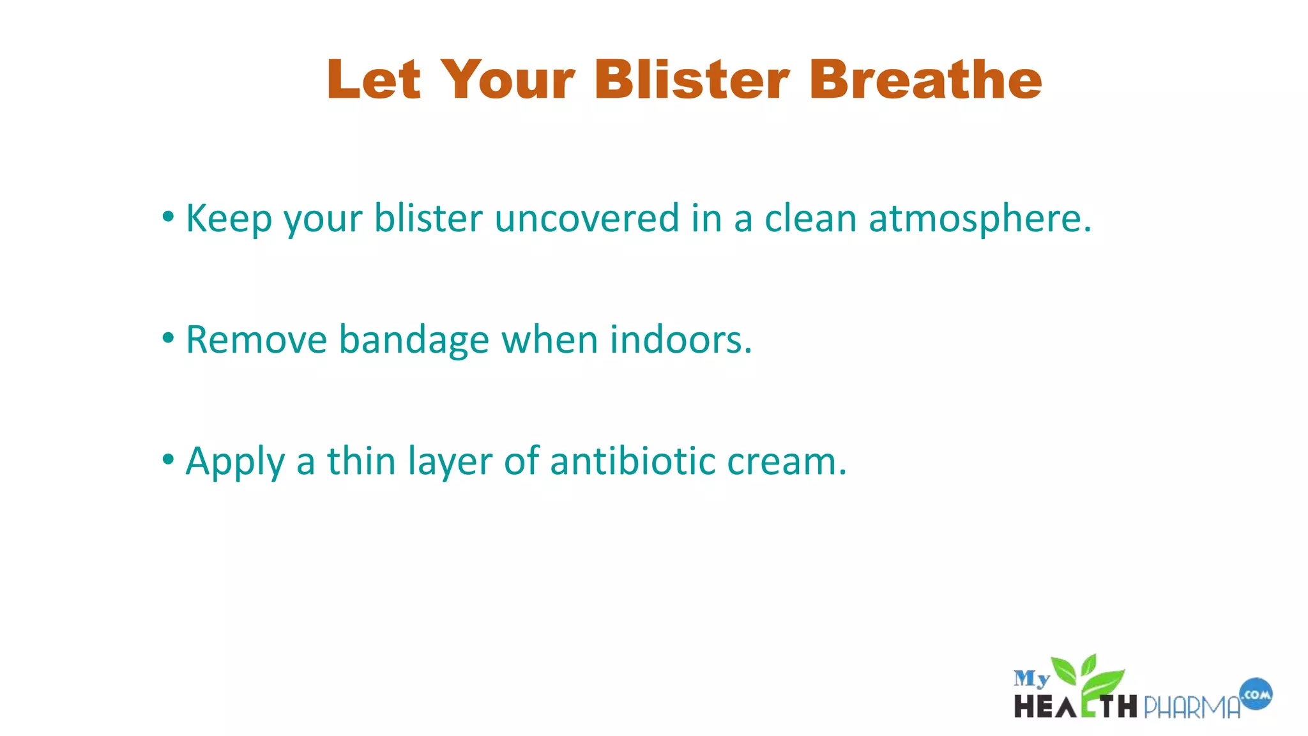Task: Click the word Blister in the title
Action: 692,80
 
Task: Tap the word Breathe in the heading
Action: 925,80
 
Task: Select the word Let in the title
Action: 374,80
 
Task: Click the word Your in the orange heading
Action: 508,80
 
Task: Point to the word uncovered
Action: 586,218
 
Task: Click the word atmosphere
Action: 980,218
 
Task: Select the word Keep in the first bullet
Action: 228,218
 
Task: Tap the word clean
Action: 810,218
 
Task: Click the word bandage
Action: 414,340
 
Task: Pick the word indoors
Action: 681,340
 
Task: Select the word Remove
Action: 256,340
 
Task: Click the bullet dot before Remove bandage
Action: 168,338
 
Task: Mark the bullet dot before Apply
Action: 168,459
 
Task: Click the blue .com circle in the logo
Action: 1256,694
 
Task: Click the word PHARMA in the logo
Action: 1191,707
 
